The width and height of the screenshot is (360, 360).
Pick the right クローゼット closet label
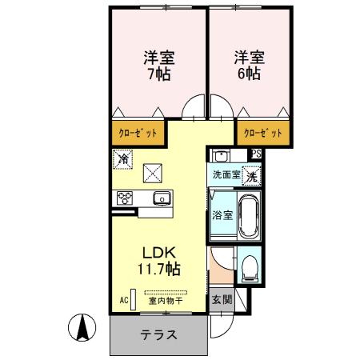(x=262, y=132)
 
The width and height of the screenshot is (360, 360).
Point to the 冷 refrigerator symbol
(x=122, y=159)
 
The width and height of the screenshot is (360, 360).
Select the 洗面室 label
(x=226, y=174)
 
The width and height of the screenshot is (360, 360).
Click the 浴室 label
(x=222, y=214)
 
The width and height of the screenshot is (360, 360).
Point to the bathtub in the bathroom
(x=247, y=214)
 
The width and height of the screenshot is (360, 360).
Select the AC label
(x=124, y=300)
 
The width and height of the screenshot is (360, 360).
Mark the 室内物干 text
(x=165, y=301)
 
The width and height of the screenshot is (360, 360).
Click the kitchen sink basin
(x=162, y=198)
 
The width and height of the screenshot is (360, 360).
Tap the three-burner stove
(x=126, y=198)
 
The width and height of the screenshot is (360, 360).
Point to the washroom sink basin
(x=222, y=156)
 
